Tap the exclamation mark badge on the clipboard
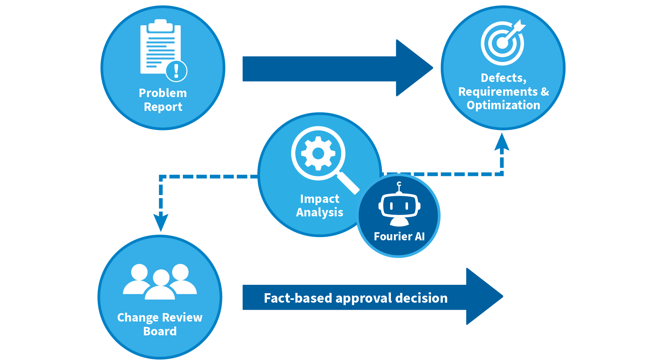point(176,71)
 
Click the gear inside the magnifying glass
point(318,154)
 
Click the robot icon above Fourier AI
point(399,204)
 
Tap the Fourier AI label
point(399,236)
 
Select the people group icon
point(160,282)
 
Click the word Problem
point(163,93)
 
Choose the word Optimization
point(503,105)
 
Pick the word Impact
point(319,199)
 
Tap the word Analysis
point(319,212)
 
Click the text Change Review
point(160,317)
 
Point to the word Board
point(160,331)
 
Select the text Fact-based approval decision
point(356,298)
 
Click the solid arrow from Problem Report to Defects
point(338,68)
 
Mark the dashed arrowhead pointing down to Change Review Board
point(161,222)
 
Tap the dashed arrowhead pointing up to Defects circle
point(502,142)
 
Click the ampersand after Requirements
point(545,91)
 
